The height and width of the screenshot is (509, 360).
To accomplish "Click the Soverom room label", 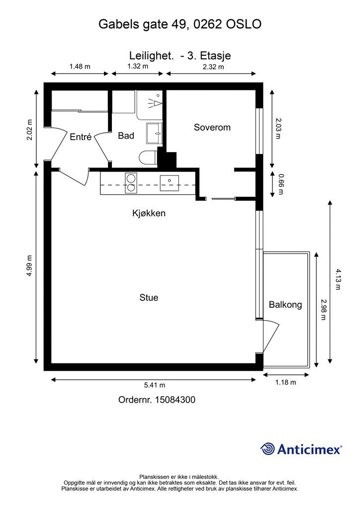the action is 212,127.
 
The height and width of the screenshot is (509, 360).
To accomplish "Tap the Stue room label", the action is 149,297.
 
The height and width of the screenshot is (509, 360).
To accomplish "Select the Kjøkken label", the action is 149,213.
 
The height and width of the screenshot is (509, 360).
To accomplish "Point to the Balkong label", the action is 285,305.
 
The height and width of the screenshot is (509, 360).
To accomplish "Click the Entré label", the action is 81,137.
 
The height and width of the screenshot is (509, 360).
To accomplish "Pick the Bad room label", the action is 126,135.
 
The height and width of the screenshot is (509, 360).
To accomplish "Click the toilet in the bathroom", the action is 148,159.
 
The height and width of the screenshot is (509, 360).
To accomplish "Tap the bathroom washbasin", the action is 155,133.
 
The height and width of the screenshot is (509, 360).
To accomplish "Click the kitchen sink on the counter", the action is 169,183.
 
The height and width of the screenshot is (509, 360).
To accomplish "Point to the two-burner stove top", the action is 131,183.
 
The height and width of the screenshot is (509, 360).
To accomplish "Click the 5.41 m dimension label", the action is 155,385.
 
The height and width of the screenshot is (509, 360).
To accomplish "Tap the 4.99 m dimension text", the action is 29,265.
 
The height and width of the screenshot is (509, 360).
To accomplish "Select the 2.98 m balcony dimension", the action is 323,309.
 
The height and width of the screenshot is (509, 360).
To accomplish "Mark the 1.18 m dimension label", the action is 285,382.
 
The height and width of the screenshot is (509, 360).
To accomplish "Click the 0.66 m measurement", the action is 281,184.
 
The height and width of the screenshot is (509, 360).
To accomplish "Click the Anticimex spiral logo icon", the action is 268,449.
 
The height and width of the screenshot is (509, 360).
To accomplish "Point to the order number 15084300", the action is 176,400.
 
